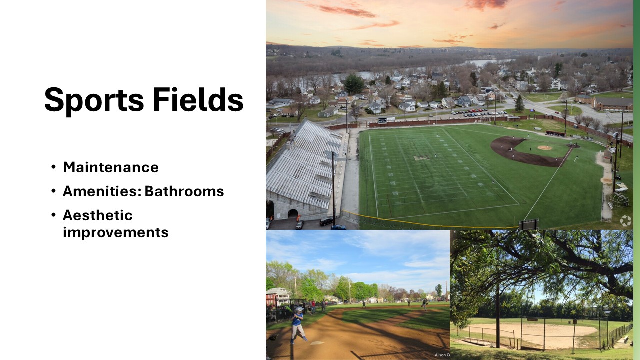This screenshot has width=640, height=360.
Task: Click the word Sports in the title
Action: (94, 100)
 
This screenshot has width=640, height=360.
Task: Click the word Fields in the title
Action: (198, 99)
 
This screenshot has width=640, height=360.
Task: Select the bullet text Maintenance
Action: (111, 167)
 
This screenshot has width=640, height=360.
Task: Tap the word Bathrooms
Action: (184, 191)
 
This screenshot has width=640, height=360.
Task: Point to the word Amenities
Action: (102, 191)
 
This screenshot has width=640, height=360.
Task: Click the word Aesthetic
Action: (97, 215)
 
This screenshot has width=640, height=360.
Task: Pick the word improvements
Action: (115, 233)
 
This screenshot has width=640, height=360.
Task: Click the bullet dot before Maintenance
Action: (53, 167)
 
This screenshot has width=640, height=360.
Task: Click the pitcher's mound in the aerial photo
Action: (544, 147)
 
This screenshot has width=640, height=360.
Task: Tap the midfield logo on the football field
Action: (422, 157)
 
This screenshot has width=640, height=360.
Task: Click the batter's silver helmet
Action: (299, 309)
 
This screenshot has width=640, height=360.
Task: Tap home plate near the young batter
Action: (317, 343)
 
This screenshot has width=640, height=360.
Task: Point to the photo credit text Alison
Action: (440, 355)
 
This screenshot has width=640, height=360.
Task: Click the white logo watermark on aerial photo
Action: (625, 221)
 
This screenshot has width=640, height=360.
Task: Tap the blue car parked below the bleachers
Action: (339, 227)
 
